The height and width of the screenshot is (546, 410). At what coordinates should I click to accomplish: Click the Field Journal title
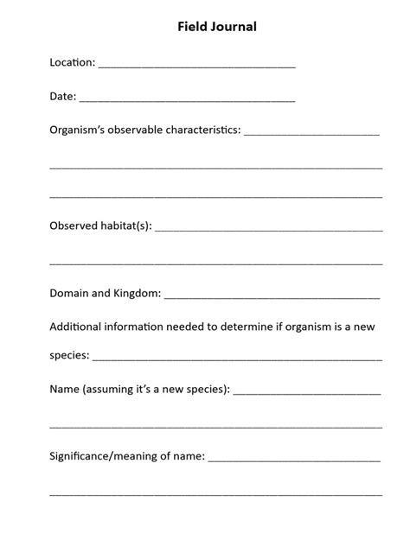(216, 27)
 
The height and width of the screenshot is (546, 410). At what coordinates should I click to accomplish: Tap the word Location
(72, 62)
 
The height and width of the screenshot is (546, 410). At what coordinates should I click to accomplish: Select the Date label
(63, 98)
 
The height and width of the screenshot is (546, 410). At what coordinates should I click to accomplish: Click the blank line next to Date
(187, 101)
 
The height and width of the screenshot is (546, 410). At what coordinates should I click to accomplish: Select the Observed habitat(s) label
(100, 225)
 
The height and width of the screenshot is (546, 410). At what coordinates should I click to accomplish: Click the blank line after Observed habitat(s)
(269, 230)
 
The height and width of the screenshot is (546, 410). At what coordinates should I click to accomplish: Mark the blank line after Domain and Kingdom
(272, 297)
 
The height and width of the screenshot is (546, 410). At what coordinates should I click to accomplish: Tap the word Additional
(79, 327)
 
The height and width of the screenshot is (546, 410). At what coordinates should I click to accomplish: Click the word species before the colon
(68, 356)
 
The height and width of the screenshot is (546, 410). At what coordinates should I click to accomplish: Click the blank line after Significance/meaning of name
(294, 459)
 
